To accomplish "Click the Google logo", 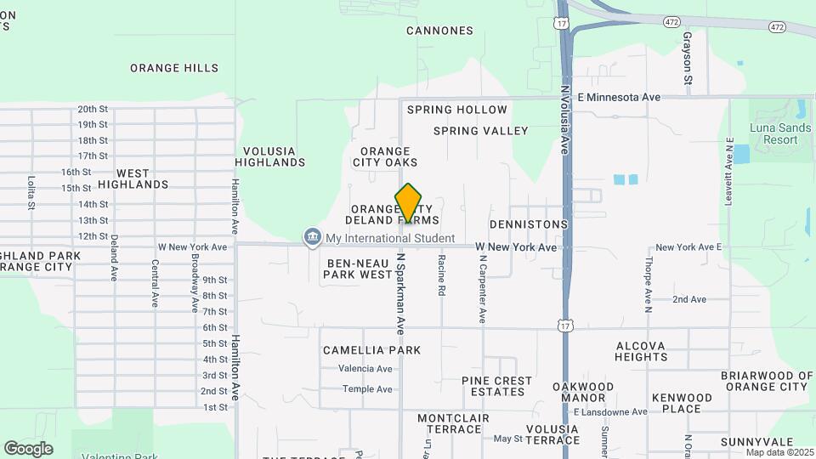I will click(28, 448).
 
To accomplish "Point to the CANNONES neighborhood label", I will click(439, 31).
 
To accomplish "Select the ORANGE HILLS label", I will click(173, 68).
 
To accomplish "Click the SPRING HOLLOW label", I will click(456, 110).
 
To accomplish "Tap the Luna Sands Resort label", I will click(780, 133).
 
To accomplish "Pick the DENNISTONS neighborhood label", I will click(527, 224).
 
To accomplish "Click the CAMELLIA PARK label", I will click(371, 350).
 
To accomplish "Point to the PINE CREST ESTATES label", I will click(497, 387).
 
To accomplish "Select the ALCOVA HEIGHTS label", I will click(641, 352).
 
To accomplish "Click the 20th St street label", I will click(93, 109).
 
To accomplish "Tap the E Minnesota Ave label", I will click(618, 98).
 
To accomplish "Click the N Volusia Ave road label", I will click(564, 119).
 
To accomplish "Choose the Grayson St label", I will click(687, 52).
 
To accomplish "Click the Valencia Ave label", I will click(365, 369).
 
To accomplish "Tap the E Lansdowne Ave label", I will click(609, 412).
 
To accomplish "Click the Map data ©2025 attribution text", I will click(779, 452).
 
